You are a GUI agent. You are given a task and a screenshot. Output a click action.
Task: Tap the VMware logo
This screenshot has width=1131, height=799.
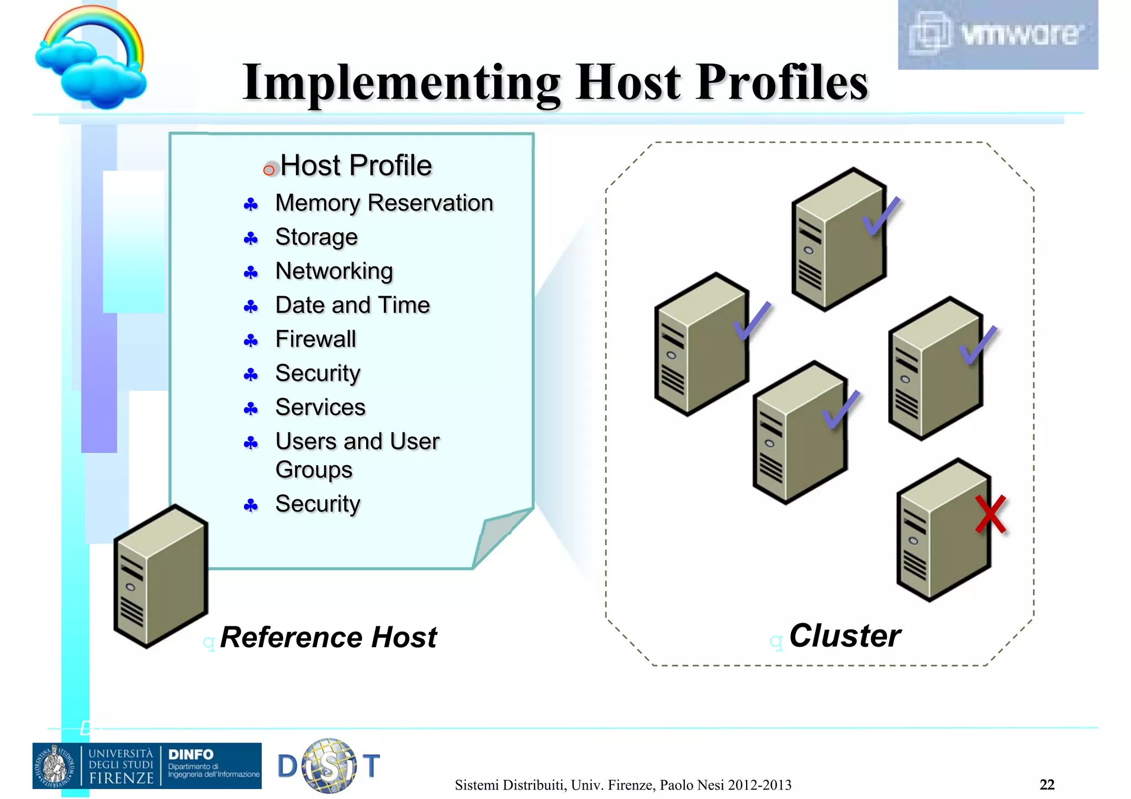click(x=997, y=34)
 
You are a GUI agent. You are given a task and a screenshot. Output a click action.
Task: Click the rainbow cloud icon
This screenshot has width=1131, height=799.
click(x=92, y=57)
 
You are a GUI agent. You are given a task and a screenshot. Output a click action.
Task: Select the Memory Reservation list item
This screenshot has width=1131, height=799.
click(x=384, y=203)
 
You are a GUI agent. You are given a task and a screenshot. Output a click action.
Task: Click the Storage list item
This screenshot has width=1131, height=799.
click(x=316, y=237)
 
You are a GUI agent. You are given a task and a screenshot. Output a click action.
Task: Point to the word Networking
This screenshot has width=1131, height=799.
click(x=334, y=271)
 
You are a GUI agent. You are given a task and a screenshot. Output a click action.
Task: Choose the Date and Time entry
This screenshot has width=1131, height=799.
click(x=352, y=305)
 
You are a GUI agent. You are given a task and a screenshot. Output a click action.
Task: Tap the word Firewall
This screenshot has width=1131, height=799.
click(x=315, y=339)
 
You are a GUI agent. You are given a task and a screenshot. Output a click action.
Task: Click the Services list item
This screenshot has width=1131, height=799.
click(x=320, y=408)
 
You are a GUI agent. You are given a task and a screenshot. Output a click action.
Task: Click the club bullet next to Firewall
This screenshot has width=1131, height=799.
click(x=251, y=341)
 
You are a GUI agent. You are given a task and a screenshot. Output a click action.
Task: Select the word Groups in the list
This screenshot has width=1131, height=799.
click(x=314, y=470)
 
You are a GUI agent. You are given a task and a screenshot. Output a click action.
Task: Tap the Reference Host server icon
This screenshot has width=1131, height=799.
click(x=160, y=577)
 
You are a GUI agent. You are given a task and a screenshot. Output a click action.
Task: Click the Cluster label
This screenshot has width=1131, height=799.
click(x=844, y=636)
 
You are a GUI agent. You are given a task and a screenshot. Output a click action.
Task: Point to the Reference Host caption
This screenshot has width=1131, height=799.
click(x=328, y=637)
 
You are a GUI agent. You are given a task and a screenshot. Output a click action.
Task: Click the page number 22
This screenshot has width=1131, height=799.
click(x=1047, y=785)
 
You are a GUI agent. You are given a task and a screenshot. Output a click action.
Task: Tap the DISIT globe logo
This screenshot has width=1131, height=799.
click(x=329, y=766)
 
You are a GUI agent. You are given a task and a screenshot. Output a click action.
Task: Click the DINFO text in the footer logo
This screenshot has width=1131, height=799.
click(x=191, y=754)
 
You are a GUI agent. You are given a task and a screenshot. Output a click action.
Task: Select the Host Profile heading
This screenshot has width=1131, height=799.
click(x=356, y=166)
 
